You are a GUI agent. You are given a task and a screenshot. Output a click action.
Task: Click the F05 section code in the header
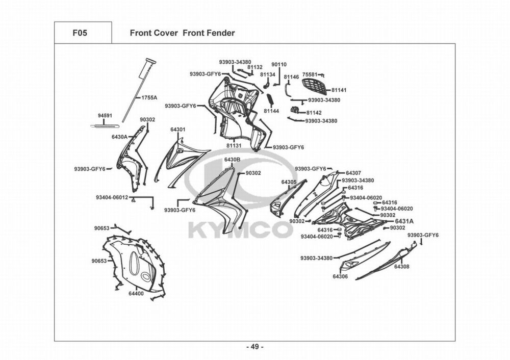coord(80,33)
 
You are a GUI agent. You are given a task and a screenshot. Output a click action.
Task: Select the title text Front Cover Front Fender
coord(182,33)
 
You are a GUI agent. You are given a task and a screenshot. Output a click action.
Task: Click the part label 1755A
coord(149,97)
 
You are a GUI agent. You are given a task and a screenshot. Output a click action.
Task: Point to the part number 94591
coord(105,116)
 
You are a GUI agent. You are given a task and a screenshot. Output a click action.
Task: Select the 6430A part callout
coord(119,137)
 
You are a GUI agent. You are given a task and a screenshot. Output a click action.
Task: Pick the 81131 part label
coord(234,145)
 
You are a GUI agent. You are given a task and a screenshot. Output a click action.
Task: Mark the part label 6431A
coord(404,221)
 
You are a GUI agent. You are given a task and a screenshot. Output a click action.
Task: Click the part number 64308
coord(401,267)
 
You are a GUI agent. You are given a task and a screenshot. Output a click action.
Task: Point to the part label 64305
coord(289,182)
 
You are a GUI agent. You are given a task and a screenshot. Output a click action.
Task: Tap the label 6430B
coord(232,160)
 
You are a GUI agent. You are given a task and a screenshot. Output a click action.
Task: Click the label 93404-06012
coord(112,197)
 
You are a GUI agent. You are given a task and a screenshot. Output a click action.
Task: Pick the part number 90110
coord(279,65)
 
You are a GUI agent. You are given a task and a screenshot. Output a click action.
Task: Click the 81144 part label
coord(271,111)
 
